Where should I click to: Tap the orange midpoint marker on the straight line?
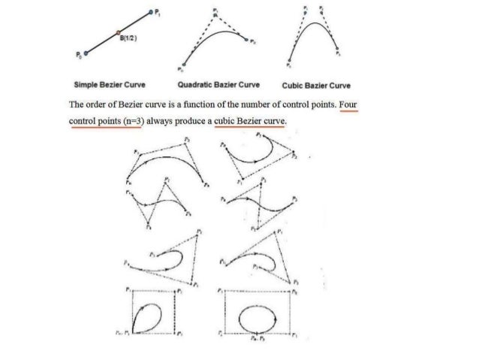pos(118,32)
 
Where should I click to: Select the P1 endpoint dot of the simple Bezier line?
pos(152,13)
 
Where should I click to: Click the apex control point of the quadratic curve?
pos(214,14)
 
